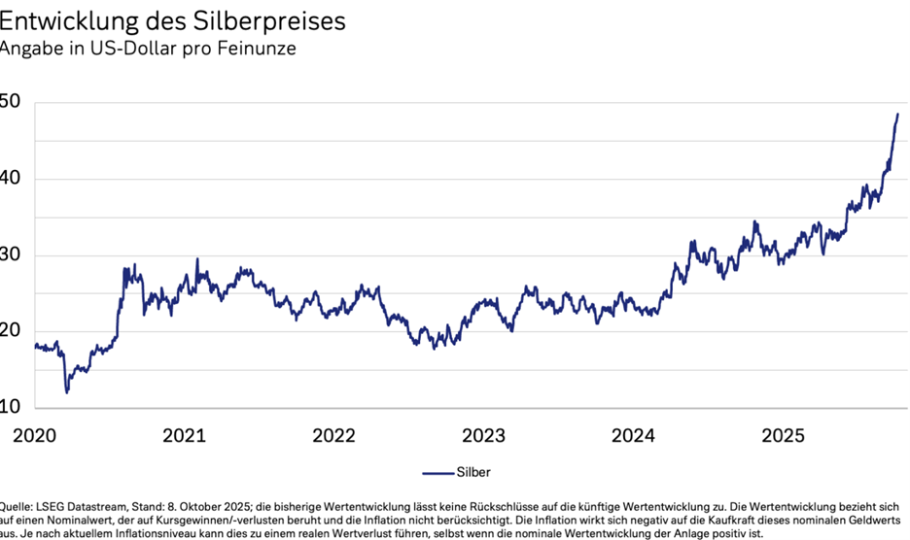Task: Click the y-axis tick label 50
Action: tap(11, 103)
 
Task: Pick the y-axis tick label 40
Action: tap(11, 180)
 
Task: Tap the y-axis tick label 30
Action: tap(11, 255)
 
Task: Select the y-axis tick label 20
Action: tap(11, 331)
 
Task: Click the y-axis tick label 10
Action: tap(11, 407)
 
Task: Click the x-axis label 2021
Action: tap(183, 436)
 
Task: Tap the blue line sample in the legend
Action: tap(437, 473)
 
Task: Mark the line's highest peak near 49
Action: tap(896, 115)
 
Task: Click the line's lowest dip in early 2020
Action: tap(67, 391)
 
